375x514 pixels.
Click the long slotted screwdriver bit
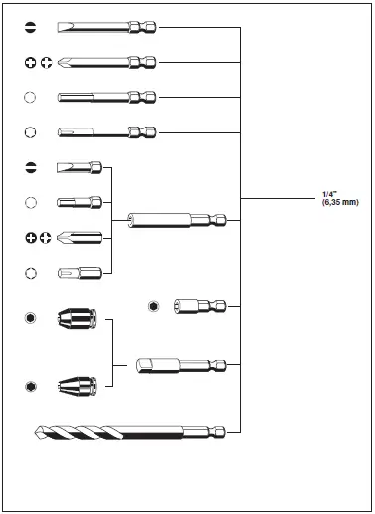pyautogui.click(x=106, y=27)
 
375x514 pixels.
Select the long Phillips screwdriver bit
pyautogui.click(x=106, y=62)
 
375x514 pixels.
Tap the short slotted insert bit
pyautogui.click(x=80, y=167)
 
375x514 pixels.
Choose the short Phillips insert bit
pyautogui.click(x=80, y=238)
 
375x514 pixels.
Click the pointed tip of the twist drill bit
pyautogui.click(x=35, y=432)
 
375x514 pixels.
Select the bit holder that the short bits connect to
pyautogui.click(x=177, y=220)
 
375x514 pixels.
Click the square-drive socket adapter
pyautogui.click(x=181, y=366)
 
